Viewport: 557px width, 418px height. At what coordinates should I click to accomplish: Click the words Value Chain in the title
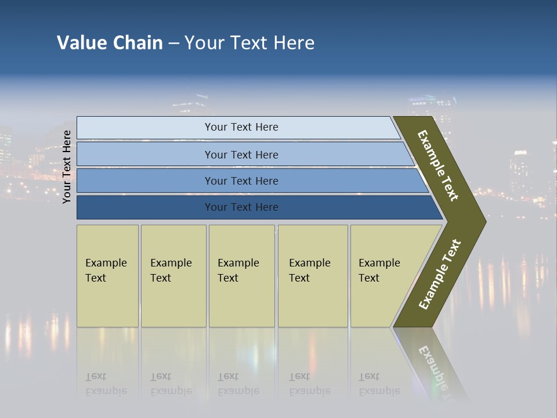pos(110,43)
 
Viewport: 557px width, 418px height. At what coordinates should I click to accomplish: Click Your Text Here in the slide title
pos(249,43)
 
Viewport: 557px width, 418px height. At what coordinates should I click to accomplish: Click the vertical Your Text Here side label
pos(67,167)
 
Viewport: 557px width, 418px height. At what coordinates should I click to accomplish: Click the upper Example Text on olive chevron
pos(438,165)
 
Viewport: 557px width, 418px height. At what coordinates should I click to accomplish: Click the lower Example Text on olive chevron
pos(440,275)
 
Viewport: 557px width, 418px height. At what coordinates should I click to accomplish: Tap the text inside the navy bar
pos(241,207)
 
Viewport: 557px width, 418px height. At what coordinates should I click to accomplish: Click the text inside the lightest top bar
pos(241,127)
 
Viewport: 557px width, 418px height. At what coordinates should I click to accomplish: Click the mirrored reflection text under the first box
pos(106,384)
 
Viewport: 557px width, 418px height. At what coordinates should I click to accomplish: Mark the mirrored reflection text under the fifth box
pos(379,384)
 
